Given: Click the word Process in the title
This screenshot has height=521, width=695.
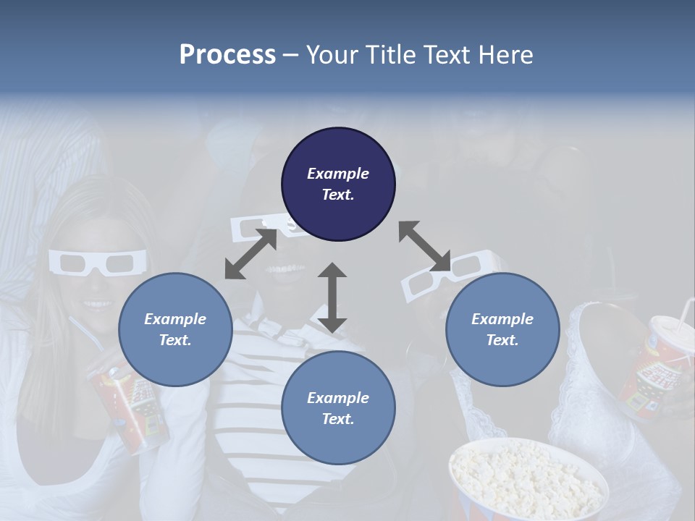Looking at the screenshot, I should pyautogui.click(x=227, y=55).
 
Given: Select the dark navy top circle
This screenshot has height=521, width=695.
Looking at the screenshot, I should pyautogui.click(x=338, y=184).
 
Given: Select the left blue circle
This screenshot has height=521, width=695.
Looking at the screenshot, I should pyautogui.click(x=175, y=329).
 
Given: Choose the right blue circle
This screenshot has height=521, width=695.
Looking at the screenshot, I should pyautogui.click(x=502, y=329).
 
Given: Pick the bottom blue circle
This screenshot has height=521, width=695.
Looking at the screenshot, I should pyautogui.click(x=338, y=408).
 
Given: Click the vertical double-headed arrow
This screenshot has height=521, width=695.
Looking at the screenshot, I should pyautogui.click(x=332, y=297).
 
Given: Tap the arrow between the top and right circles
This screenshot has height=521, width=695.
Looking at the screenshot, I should pyautogui.click(x=424, y=247).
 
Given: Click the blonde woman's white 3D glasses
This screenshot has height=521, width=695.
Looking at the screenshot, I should pyautogui.click(x=98, y=261).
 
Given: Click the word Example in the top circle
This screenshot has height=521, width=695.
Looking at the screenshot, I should pyautogui.click(x=338, y=174).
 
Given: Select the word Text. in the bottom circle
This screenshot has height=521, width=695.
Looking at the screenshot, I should pyautogui.click(x=338, y=419).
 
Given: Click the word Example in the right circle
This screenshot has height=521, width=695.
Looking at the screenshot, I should pyautogui.click(x=502, y=319).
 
